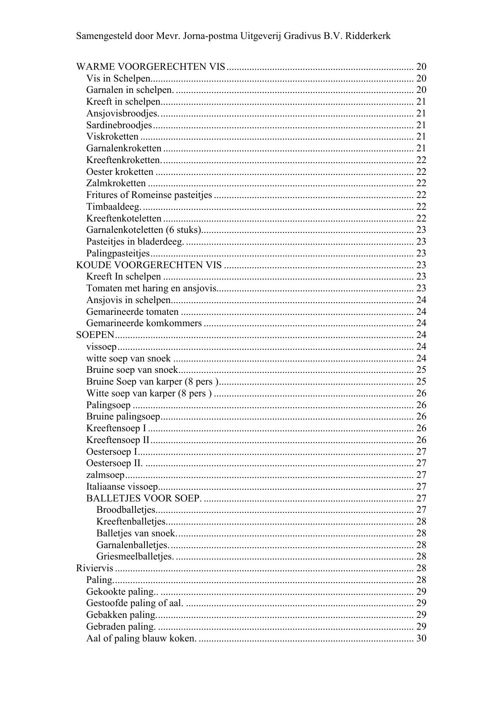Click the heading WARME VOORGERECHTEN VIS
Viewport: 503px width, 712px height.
pos(150,67)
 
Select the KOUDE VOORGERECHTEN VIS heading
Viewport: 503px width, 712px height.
pos(149,265)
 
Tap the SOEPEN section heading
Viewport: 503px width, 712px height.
pos(95,335)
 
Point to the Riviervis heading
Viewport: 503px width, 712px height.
pos(95,568)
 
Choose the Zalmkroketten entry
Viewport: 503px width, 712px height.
pos(116,183)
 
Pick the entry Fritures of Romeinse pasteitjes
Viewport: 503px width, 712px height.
pos(149,195)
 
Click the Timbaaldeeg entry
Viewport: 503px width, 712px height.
pos(114,207)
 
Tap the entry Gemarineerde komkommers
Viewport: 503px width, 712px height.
pos(144,323)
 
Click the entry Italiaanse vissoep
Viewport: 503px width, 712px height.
pos(122,486)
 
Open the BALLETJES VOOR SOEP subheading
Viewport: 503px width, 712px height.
pos(144,498)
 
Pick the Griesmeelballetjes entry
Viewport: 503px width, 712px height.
pos(135,556)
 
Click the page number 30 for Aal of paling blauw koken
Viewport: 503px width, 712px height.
pos(421,638)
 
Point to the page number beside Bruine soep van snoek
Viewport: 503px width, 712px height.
pos(421,370)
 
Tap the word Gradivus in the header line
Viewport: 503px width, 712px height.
pos(302,36)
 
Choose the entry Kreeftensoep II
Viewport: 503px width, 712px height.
pos(118,440)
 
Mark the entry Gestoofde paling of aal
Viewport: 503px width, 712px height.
pos(135,603)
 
